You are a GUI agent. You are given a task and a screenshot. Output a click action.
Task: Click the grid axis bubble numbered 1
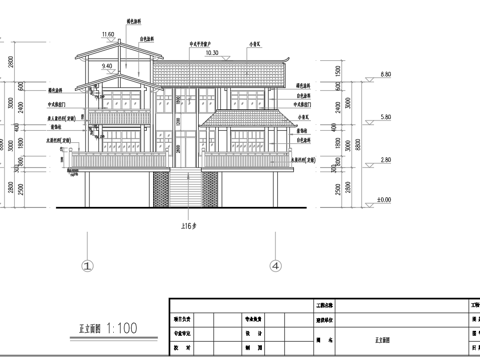pos(87,267)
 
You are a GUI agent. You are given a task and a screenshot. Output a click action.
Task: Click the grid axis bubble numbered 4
pos(273,267)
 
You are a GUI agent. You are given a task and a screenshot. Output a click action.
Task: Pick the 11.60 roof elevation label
pos(109,35)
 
